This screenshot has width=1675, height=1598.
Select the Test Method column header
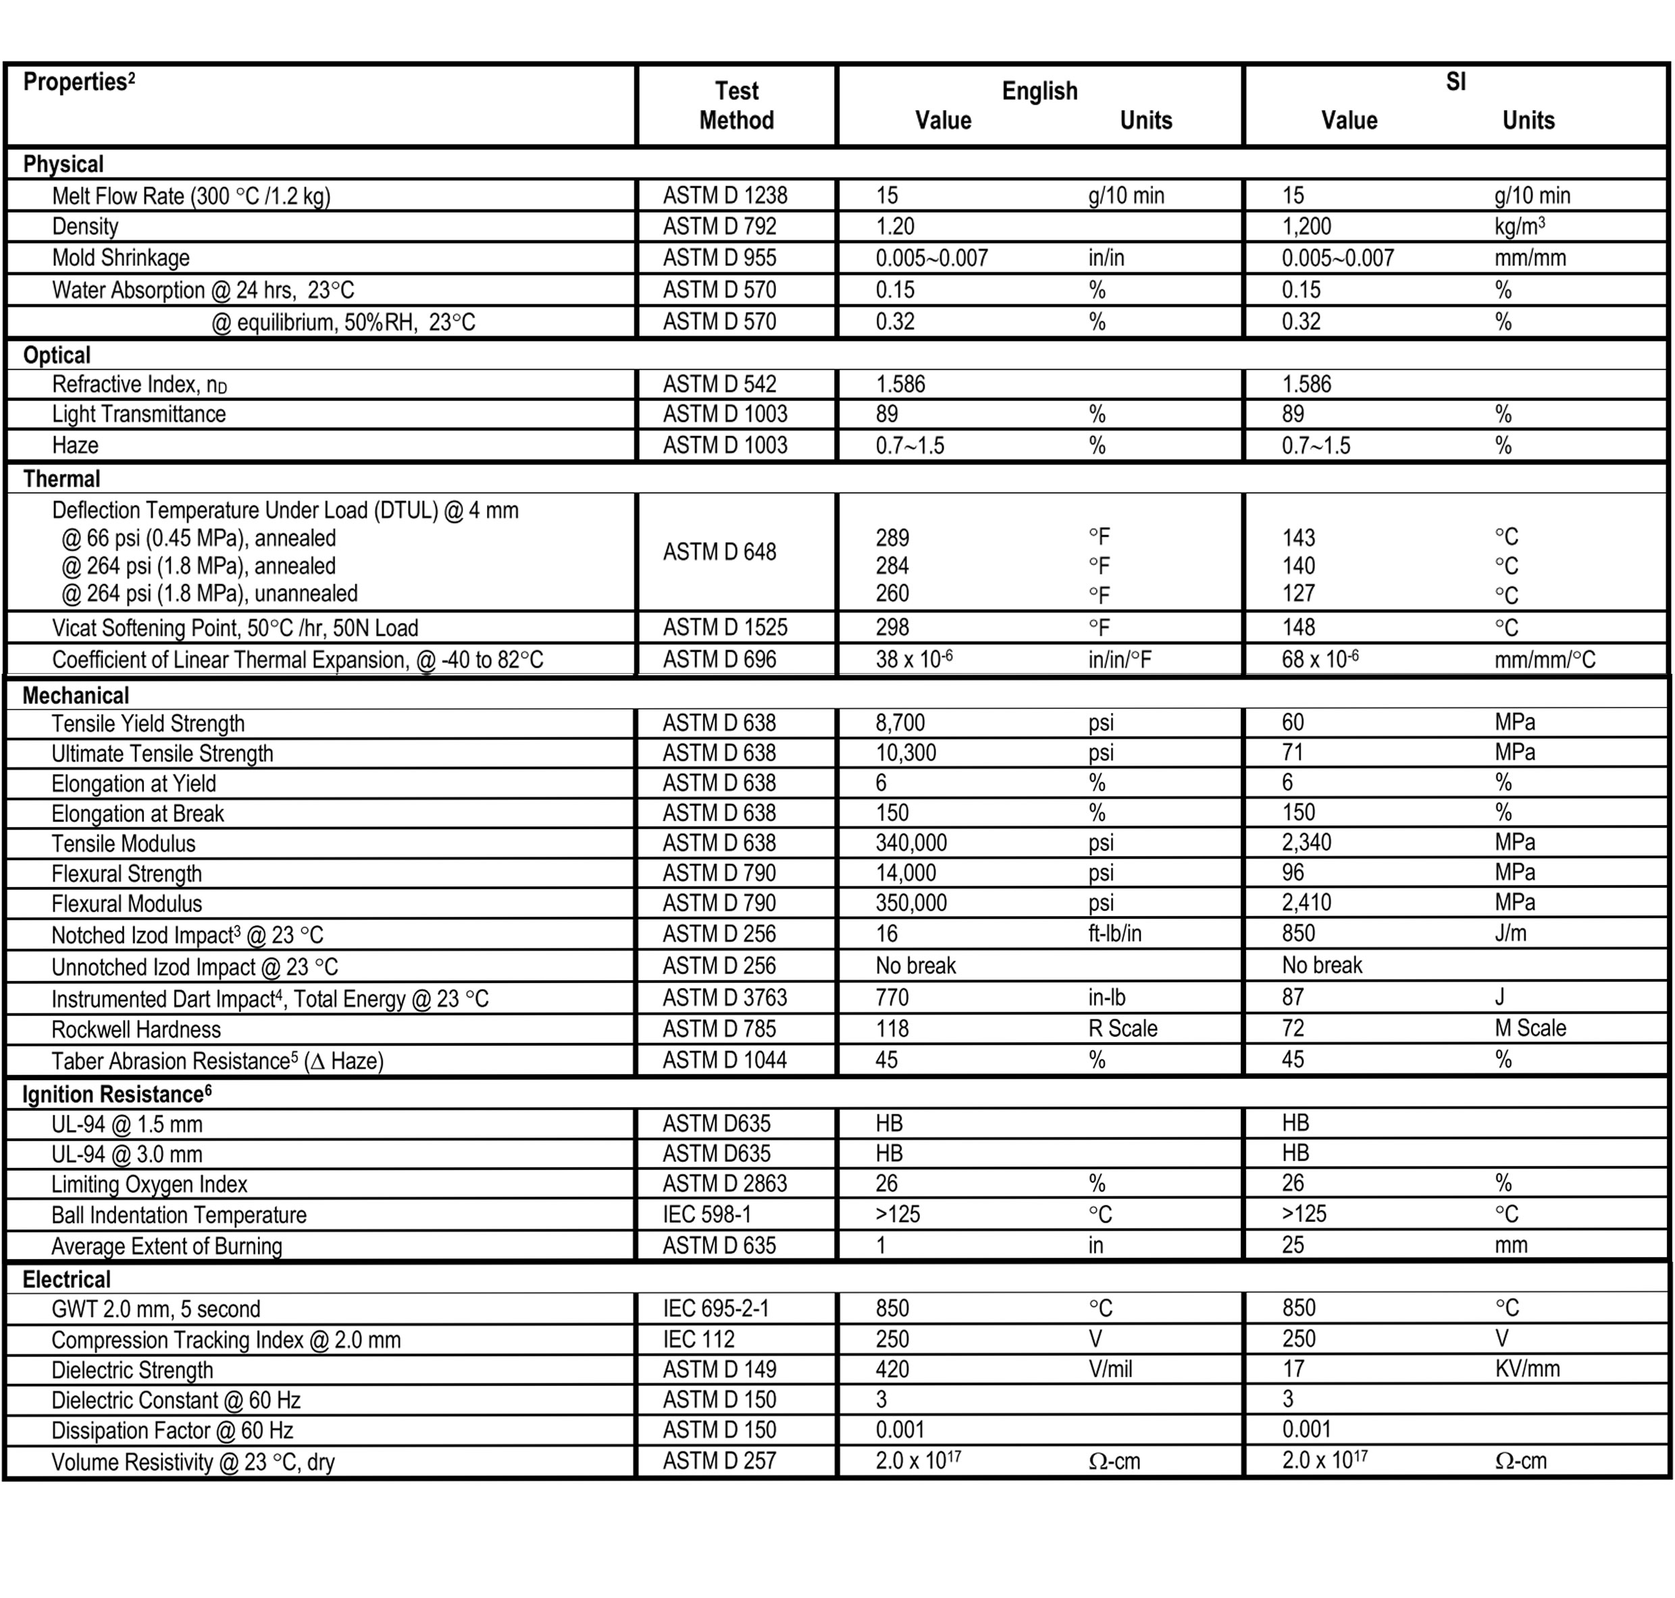click(736, 105)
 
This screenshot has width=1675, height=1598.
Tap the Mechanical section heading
click(76, 696)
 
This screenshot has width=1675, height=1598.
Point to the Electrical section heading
click(66, 1279)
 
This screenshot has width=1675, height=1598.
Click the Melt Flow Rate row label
click(191, 196)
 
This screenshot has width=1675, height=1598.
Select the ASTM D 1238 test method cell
click(725, 196)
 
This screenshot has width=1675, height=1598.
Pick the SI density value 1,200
click(1306, 227)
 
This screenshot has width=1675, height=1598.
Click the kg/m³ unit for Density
click(1519, 227)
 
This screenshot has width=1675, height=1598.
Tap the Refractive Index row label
click(139, 385)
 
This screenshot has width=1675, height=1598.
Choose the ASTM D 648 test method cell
click(719, 552)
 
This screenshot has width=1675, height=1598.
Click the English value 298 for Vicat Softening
click(892, 628)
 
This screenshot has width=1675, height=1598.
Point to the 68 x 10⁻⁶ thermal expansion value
click(1320, 660)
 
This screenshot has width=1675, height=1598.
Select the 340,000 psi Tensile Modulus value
click(910, 843)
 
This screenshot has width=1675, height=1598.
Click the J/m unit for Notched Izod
click(1510, 934)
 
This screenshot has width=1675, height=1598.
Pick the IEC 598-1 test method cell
click(707, 1215)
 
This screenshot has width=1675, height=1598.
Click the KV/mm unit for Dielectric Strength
click(1527, 1370)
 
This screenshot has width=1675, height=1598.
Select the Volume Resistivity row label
click(192, 1462)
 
